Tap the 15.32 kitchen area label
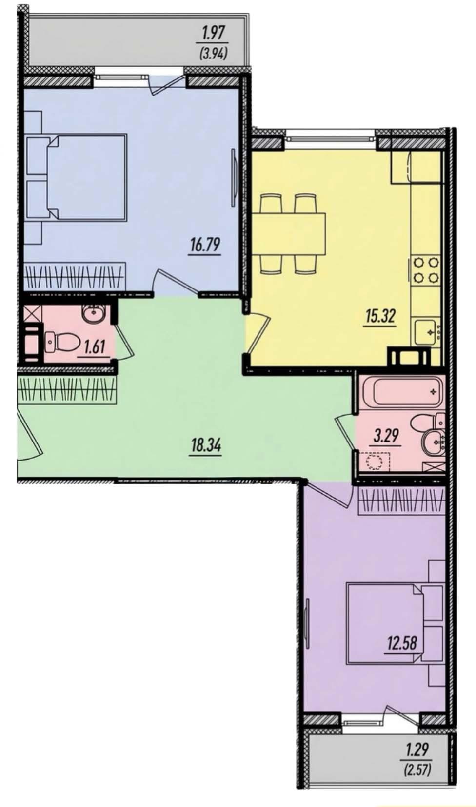(x=380, y=317)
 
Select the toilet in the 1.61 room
(x=62, y=341)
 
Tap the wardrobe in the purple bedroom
(x=400, y=501)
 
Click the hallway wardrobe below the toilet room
(x=68, y=390)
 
